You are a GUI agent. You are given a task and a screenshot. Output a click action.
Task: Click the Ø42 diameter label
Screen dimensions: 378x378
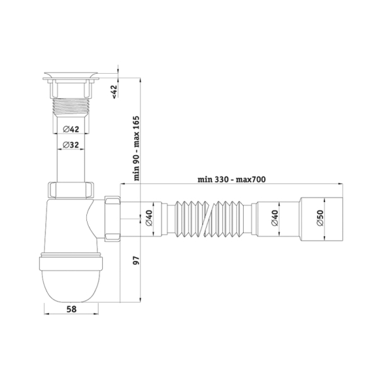pyautogui.click(x=71, y=129)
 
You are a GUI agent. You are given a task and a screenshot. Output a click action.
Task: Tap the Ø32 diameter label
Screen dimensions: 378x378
pyautogui.click(x=71, y=145)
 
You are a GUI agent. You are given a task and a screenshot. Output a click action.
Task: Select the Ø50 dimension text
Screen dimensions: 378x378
pyautogui.click(x=320, y=218)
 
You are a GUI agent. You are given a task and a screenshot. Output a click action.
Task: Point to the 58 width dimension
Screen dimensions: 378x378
pyautogui.click(x=71, y=309)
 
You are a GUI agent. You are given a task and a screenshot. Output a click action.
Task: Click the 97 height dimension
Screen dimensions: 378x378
pyautogui.click(x=137, y=261)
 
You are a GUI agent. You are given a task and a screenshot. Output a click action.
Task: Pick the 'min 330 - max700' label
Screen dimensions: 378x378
pyautogui.click(x=231, y=180)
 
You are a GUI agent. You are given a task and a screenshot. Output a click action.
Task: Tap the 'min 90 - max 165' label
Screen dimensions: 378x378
pyautogui.click(x=137, y=148)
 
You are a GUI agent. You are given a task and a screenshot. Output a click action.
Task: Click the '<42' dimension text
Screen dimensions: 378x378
pyautogui.click(x=114, y=92)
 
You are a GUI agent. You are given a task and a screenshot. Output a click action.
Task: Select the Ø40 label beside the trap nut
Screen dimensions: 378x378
pyautogui.click(x=149, y=218)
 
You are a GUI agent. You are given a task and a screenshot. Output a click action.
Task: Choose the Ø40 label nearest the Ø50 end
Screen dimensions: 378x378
pyautogui.click(x=275, y=218)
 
